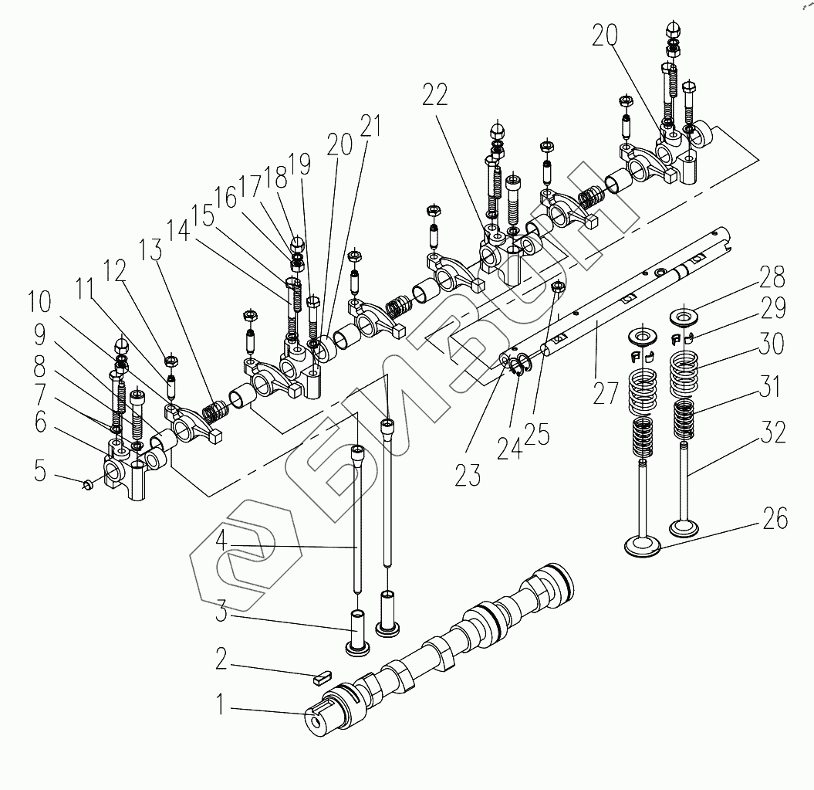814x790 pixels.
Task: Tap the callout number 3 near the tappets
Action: [x=221, y=615]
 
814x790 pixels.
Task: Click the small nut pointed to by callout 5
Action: [x=88, y=484]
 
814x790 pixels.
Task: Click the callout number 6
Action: [x=39, y=422]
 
